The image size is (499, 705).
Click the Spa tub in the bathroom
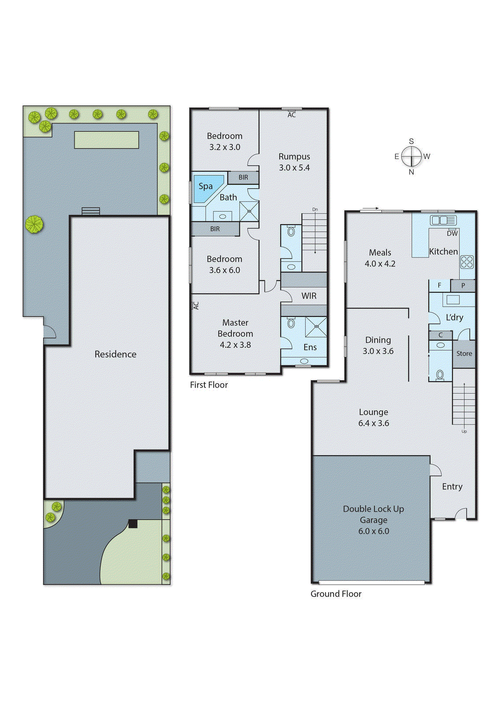206,188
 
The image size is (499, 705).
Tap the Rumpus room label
294,156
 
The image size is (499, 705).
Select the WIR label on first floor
309,296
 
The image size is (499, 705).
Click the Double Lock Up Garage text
373,514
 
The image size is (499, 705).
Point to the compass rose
411,156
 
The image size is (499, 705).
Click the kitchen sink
443,220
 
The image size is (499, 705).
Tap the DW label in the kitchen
452,234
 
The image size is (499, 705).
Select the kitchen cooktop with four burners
467,262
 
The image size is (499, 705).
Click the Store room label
464,353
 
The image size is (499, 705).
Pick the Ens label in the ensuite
310,347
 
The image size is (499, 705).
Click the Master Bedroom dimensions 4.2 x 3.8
235,345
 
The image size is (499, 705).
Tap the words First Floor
209,385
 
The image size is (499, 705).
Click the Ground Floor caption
336,594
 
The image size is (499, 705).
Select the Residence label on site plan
115,354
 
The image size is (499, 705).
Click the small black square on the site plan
133,523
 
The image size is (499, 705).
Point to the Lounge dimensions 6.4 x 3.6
373,423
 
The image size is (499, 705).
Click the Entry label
452,486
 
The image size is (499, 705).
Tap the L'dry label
455,317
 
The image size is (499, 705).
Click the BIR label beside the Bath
243,177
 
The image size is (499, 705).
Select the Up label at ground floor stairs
464,431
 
